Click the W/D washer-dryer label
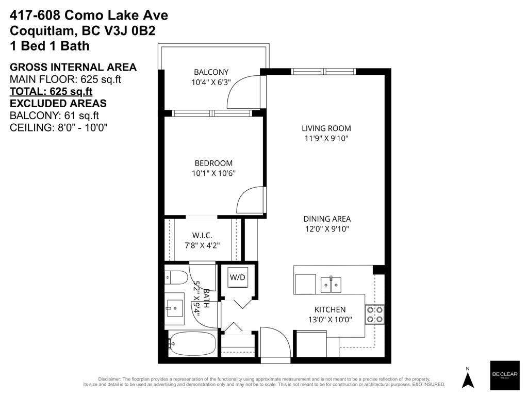pyautogui.click(x=237, y=277)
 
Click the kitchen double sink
pyautogui.click(x=331, y=285)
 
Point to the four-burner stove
pyautogui.click(x=375, y=314)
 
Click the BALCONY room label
pyautogui.click(x=211, y=72)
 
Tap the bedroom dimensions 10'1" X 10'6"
pyautogui.click(x=213, y=173)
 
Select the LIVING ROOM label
pyautogui.click(x=326, y=128)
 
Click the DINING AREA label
pyautogui.click(x=327, y=219)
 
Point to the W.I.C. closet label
pyautogui.click(x=202, y=235)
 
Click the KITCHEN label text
pyautogui.click(x=330, y=309)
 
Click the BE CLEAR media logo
pyautogui.click(x=504, y=375)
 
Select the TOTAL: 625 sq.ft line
pyautogui.click(x=51, y=91)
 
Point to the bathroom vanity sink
pyautogui.click(x=174, y=308)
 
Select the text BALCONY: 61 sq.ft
pyautogui.click(x=54, y=115)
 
